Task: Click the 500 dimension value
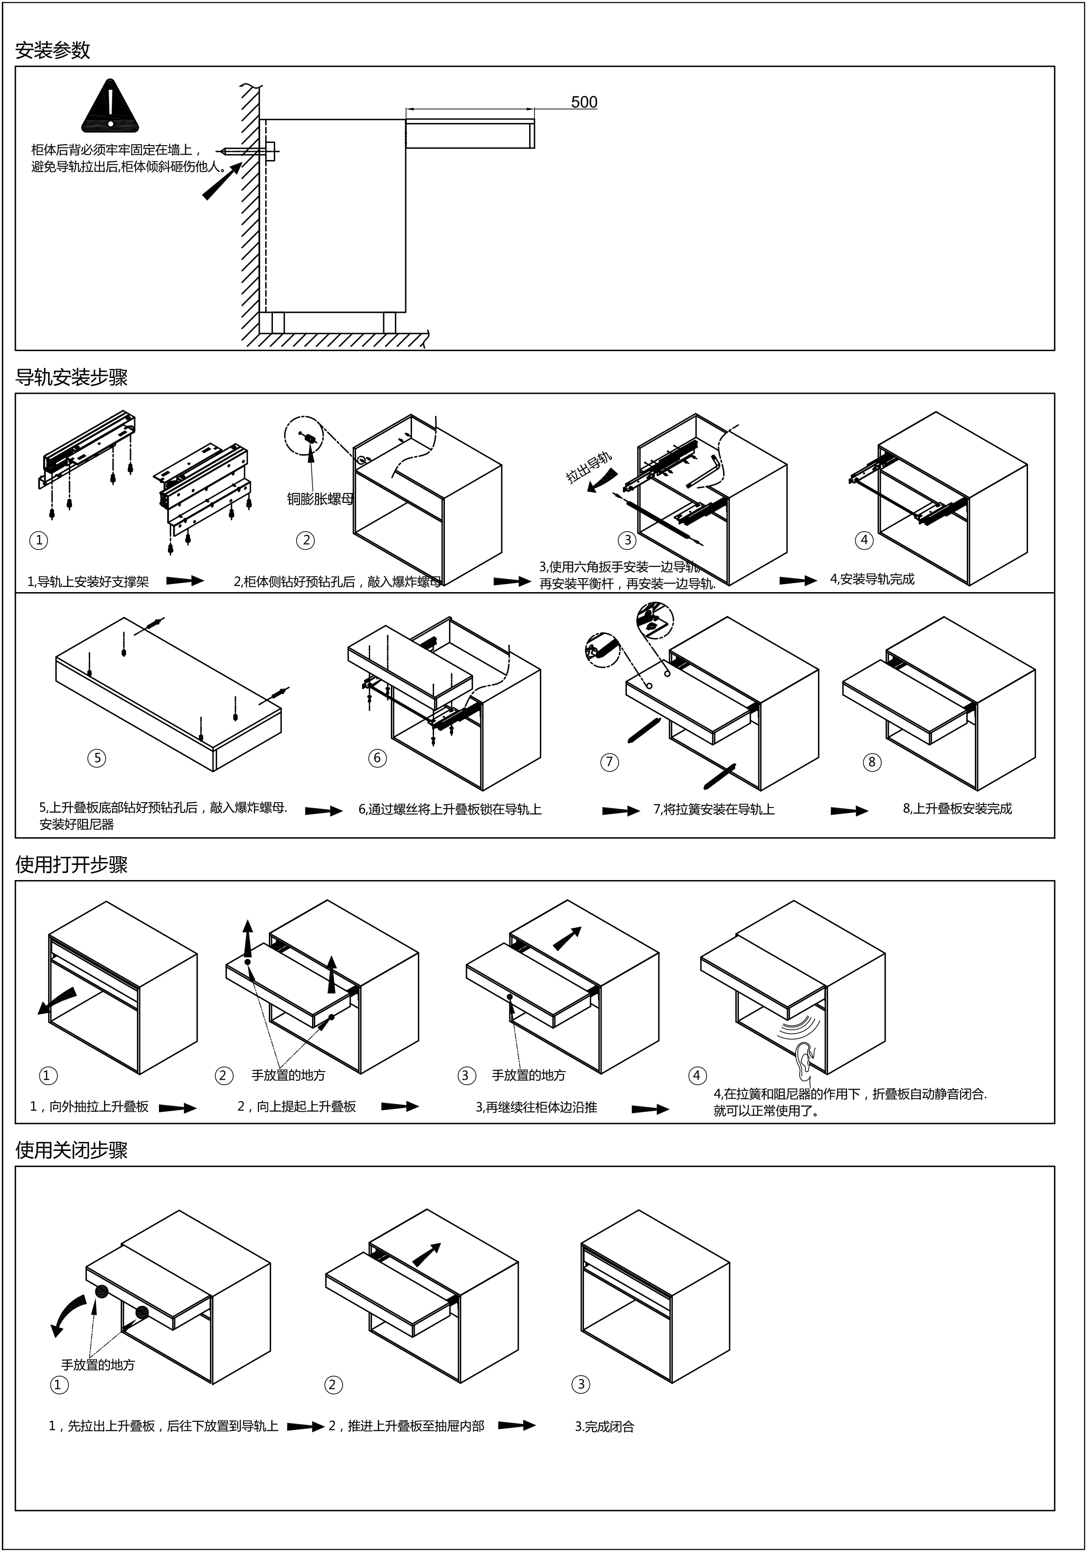pos(584,102)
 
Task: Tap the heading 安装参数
pos(53,50)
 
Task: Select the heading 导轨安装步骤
pos(72,378)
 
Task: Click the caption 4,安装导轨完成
pos(872,580)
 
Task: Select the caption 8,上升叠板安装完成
pos(957,808)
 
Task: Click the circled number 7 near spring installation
pos(609,762)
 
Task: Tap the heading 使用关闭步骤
pos(72,1150)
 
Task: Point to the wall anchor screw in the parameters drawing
pos(249,151)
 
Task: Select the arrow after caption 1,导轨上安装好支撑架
pos(185,580)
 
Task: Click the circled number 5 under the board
pos(97,758)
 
